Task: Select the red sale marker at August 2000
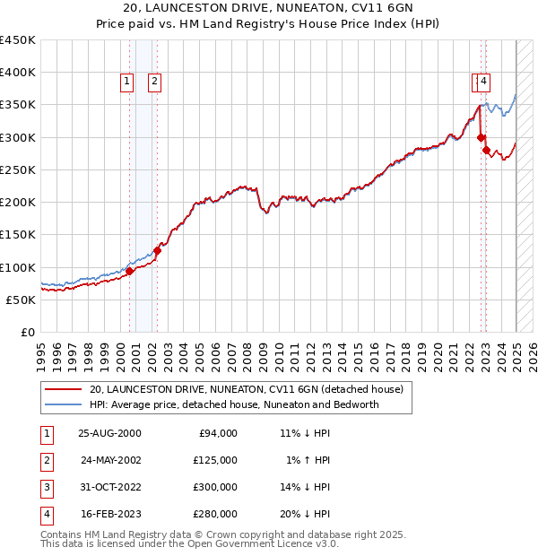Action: pyautogui.click(x=129, y=271)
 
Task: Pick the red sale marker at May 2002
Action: pyautogui.click(x=157, y=251)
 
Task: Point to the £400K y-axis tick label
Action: pyautogui.click(x=18, y=73)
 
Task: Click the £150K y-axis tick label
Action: pyautogui.click(x=18, y=235)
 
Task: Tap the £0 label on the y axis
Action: pyautogui.click(x=27, y=333)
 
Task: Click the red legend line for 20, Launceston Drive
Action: pyautogui.click(x=64, y=390)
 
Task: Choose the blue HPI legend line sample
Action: pyautogui.click(x=64, y=404)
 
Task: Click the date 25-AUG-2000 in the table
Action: pyautogui.click(x=109, y=433)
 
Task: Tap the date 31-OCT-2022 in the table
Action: pyautogui.click(x=109, y=487)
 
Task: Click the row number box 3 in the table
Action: pyautogui.click(x=47, y=487)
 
